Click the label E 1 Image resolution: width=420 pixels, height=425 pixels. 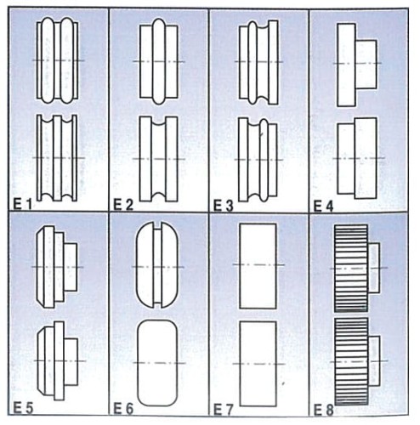click(x=23, y=204)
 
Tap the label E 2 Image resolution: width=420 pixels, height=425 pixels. click(x=124, y=204)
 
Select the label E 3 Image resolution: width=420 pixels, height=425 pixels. click(x=224, y=204)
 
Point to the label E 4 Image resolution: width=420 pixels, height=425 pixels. click(x=324, y=204)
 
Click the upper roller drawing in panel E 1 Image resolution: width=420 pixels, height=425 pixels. click(x=58, y=61)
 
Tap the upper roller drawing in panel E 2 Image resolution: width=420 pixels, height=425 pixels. click(x=158, y=62)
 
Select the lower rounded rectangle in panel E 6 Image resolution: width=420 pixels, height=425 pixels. click(x=158, y=362)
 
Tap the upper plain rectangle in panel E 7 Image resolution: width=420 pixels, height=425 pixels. click(x=258, y=266)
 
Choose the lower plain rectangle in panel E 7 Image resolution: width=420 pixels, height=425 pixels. click(x=258, y=362)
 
